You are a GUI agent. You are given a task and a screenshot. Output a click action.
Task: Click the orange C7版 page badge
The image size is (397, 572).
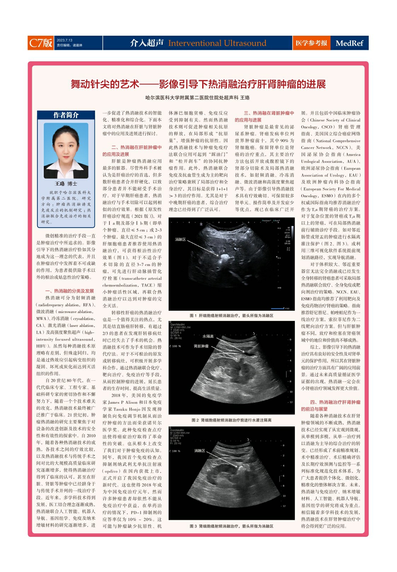pyautogui.click(x=41, y=43)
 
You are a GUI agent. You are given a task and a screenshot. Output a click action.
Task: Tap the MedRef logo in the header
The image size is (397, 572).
pyautogui.click(x=349, y=43)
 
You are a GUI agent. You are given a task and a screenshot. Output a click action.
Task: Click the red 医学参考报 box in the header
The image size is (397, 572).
pyautogui.click(x=311, y=43)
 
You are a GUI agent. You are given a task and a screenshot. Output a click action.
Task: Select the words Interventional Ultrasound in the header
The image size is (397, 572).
pyautogui.click(x=217, y=43)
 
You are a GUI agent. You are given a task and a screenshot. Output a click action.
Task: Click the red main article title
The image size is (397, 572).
pyautogui.click(x=198, y=84)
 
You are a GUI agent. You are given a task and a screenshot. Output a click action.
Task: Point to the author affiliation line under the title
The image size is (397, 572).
pyautogui.click(x=198, y=97)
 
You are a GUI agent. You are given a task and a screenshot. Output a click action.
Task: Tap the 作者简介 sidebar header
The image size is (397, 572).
pyautogui.click(x=66, y=115)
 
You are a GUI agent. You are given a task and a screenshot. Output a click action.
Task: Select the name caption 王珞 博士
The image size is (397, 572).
pyautogui.click(x=66, y=183)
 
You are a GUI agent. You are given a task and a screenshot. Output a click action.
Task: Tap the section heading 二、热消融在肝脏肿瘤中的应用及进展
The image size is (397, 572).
pyautogui.click(x=132, y=151)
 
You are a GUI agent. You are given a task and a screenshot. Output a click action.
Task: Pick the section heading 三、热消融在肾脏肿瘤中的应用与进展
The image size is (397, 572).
pyautogui.click(x=264, y=117)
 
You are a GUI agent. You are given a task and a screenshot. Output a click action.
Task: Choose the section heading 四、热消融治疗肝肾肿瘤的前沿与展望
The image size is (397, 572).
pyautogui.click(x=331, y=406)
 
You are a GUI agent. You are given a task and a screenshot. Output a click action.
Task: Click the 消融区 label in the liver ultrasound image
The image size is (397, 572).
pyautogui.click(x=180, y=239)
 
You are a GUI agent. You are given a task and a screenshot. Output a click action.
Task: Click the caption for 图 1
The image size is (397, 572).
pyautogui.click(x=232, y=316)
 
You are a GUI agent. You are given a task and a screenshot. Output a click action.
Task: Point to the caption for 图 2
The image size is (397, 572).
pyautogui.click(x=232, y=420)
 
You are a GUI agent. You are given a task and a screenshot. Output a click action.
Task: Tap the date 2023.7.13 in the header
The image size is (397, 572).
pyautogui.click(x=64, y=40)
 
